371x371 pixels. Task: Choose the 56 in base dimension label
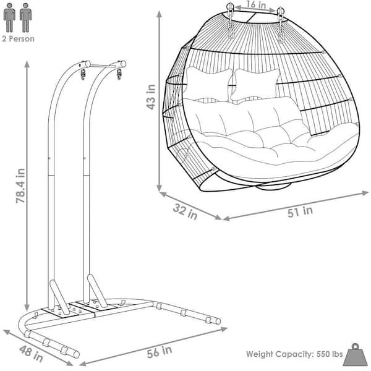tap(159, 352)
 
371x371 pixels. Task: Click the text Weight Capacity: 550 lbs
tap(294, 354)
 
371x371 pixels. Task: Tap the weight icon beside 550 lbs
tap(357, 353)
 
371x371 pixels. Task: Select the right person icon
tap(25, 17)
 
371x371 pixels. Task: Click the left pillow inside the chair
tap(208, 83)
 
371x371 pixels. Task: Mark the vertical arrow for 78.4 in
tap(27, 185)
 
